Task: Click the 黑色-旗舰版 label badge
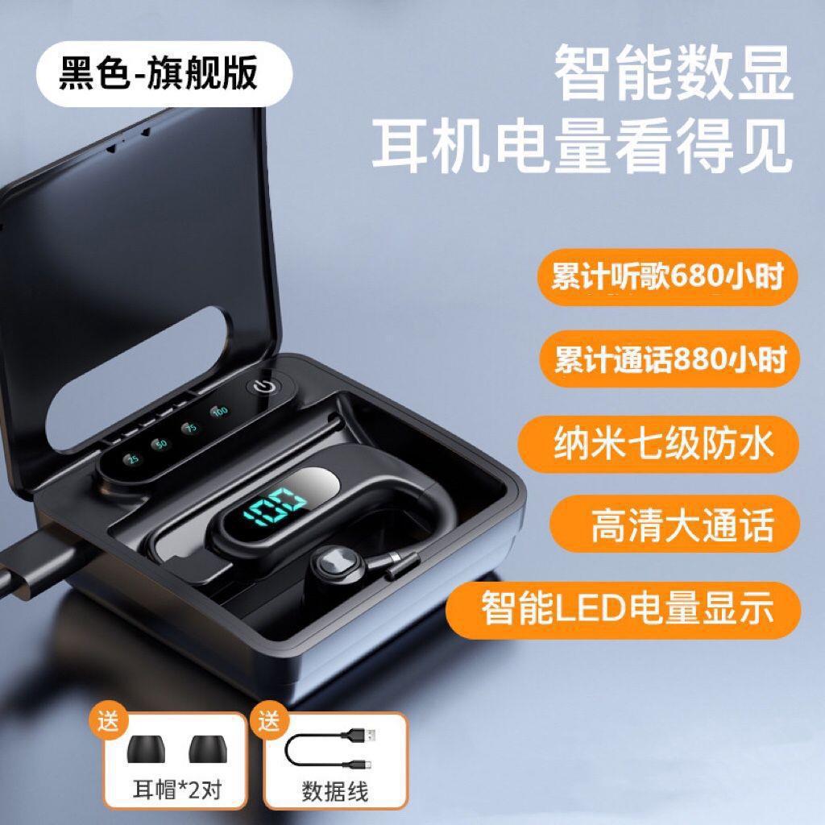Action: [164, 73]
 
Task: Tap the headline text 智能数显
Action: [674, 73]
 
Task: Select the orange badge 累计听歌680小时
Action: [668, 277]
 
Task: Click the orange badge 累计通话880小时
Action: [670, 359]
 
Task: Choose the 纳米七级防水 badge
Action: [659, 444]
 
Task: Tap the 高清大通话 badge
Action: [675, 524]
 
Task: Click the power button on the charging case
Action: [263, 388]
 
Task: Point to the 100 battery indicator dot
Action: [220, 410]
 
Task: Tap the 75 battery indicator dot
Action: [190, 427]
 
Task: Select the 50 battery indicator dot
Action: [161, 444]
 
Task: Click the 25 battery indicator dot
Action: [133, 458]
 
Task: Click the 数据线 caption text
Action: [335, 791]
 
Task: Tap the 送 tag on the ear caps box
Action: [108, 721]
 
